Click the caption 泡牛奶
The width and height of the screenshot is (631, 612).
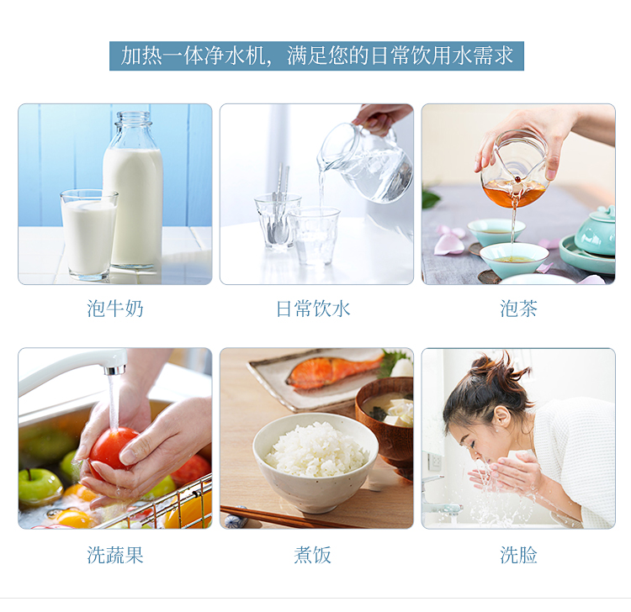pyautogui.click(x=115, y=309)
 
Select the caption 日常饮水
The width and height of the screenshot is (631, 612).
pyautogui.click(x=313, y=309)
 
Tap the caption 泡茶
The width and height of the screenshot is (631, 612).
pyautogui.click(x=518, y=309)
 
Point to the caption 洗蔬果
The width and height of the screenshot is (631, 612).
pyautogui.click(x=115, y=555)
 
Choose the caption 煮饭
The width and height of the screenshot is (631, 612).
pyautogui.click(x=312, y=555)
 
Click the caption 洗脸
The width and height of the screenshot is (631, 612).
pyautogui.click(x=518, y=555)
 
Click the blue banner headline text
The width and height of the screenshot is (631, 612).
pyautogui.click(x=316, y=55)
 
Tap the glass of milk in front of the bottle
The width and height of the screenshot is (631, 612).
pyautogui.click(x=89, y=235)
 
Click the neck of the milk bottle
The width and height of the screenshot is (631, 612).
pyautogui.click(x=134, y=129)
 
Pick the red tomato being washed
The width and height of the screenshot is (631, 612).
pyautogui.click(x=113, y=448)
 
